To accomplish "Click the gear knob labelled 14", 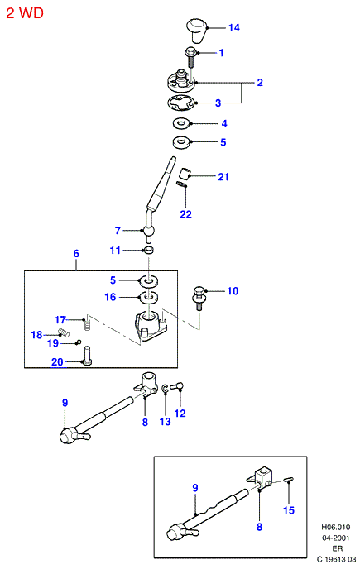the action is click(196, 30).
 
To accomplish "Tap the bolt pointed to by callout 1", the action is click(190, 57).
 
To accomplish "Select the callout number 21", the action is click(223, 177).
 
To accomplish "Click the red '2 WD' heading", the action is click(25, 13).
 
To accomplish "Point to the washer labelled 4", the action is click(181, 123).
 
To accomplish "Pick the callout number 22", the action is click(185, 214).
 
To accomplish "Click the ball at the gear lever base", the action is click(148, 231).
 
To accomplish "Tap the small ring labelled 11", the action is click(148, 250).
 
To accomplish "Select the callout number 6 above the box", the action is click(76, 253).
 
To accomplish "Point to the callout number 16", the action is click(110, 297).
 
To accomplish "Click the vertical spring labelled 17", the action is click(87, 323).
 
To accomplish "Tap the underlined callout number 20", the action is click(57, 361).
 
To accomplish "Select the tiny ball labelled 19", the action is click(78, 342).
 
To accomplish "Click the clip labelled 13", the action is click(165, 389).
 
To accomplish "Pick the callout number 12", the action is click(180, 414).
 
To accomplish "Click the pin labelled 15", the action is click(289, 481).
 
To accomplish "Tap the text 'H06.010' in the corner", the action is click(335, 527).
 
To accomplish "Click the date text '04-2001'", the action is click(336, 538).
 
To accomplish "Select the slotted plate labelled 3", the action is click(181, 103).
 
